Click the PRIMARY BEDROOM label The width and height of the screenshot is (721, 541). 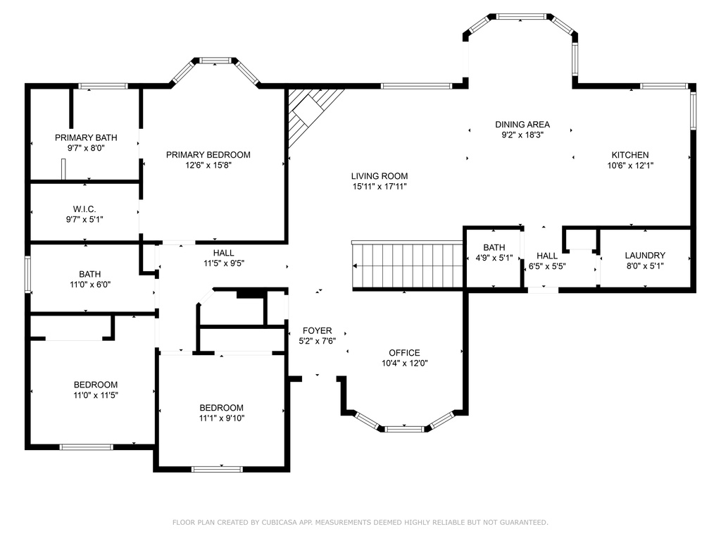click(x=208, y=155)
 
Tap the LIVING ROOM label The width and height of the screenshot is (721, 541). click(x=380, y=175)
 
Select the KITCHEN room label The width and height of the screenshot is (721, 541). click(x=630, y=155)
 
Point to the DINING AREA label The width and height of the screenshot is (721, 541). click(x=522, y=124)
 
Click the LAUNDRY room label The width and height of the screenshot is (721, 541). click(x=645, y=255)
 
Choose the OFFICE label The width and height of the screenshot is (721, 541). click(x=404, y=353)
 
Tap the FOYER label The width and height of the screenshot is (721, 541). click(x=318, y=331)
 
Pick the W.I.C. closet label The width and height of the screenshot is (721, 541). click(x=84, y=209)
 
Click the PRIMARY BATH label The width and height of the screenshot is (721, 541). click(x=86, y=137)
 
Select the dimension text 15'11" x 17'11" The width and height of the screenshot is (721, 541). click(x=380, y=186)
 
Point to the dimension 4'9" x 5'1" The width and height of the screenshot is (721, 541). click(x=494, y=258)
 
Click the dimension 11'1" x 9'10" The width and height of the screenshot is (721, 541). click(x=222, y=418)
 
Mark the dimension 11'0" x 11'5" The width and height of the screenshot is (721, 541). click(x=96, y=395)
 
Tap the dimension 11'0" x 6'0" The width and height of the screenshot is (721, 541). click(x=90, y=285)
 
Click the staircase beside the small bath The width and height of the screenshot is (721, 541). click(x=408, y=266)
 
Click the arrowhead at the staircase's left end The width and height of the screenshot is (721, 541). click(x=355, y=266)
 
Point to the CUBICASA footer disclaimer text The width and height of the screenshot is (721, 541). click(x=360, y=522)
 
